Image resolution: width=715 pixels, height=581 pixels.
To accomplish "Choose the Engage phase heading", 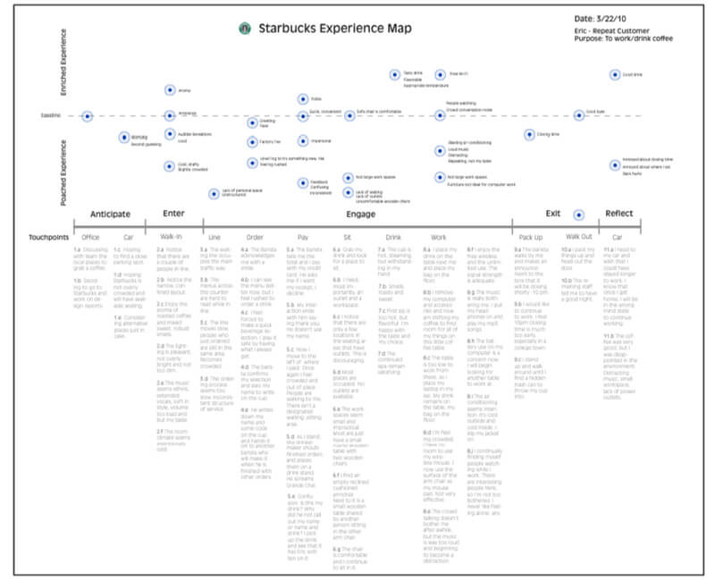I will point(360,214).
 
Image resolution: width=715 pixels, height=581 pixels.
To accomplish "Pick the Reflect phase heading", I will point(619,214).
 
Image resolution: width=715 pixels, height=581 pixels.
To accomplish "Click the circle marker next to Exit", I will point(579,215).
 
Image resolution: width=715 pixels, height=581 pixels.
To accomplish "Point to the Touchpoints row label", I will point(50,238).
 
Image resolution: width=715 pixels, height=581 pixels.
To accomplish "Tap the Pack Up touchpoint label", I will point(531,238).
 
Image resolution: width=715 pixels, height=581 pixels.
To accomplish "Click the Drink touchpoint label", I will point(394,238).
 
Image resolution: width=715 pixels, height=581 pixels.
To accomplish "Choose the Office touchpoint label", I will point(90,238).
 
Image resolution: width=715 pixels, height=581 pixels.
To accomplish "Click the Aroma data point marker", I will point(169,90).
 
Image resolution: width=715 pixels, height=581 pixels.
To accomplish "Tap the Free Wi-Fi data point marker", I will point(440,74).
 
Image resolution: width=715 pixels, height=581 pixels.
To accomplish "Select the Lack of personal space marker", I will point(214,193).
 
